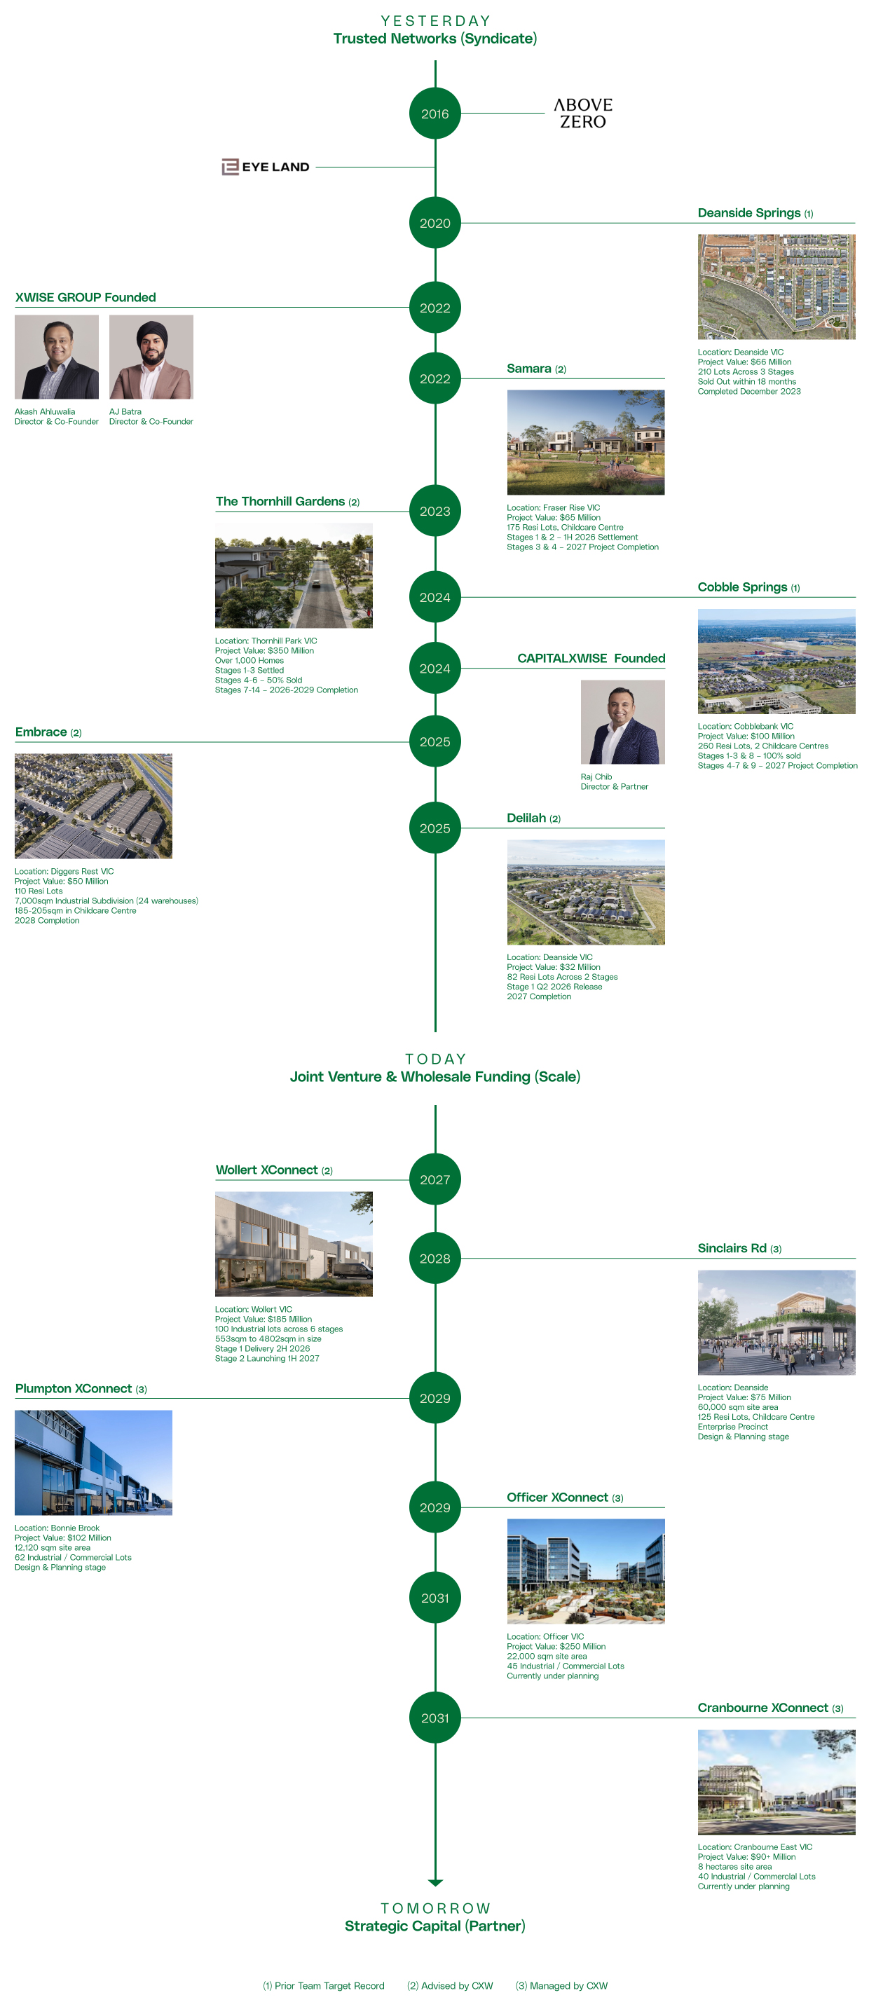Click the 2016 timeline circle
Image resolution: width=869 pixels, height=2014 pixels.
point(435,114)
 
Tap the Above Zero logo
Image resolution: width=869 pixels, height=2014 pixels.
point(583,114)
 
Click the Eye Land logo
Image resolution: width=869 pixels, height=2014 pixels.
point(266,167)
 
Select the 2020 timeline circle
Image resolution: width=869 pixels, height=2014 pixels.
point(435,223)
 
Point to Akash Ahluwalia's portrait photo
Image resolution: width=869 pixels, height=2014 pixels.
point(56,357)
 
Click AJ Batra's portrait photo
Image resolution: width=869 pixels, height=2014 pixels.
point(151,357)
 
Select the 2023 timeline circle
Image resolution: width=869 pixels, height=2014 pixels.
point(435,512)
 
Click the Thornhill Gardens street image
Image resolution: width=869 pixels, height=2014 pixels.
point(294,575)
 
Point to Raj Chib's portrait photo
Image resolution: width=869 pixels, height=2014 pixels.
point(622,722)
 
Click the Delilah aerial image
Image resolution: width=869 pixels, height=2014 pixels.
point(585,892)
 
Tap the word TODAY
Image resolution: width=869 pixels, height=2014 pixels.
point(435,1059)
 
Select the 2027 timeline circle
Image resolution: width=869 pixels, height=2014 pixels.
point(435,1180)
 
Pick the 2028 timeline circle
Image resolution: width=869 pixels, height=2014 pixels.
point(435,1259)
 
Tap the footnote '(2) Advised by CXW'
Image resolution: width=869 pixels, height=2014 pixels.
point(450,1986)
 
